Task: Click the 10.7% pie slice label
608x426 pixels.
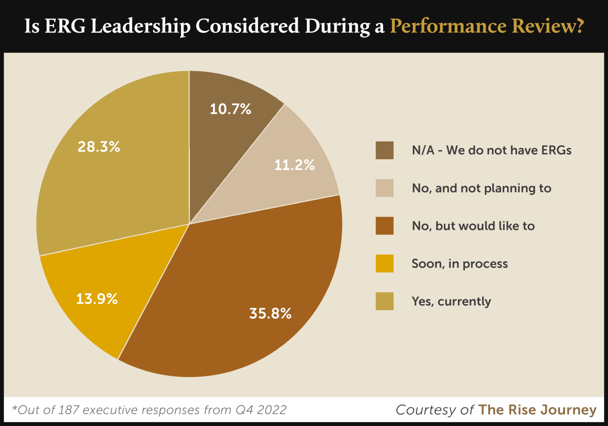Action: coord(230,109)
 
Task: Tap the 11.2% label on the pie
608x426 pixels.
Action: coord(294,165)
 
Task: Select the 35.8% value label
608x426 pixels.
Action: coord(270,313)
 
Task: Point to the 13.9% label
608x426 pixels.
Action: coord(97,299)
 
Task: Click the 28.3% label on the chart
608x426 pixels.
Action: coord(99,147)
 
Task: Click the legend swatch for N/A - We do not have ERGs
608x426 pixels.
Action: coord(384,150)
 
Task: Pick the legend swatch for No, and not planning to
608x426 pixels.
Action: coord(384,188)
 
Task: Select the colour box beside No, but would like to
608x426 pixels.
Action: coord(384,225)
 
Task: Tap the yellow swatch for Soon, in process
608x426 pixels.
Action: coord(384,264)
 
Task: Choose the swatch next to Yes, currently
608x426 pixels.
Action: coord(384,301)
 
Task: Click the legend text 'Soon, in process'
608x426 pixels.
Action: coord(460,264)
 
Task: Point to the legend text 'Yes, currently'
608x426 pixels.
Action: coord(451,302)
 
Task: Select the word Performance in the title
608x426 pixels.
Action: coord(448,27)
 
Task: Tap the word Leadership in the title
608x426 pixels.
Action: coord(141,27)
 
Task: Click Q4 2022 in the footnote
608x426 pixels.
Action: coord(261,410)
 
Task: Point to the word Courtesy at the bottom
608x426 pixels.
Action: coord(426,410)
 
